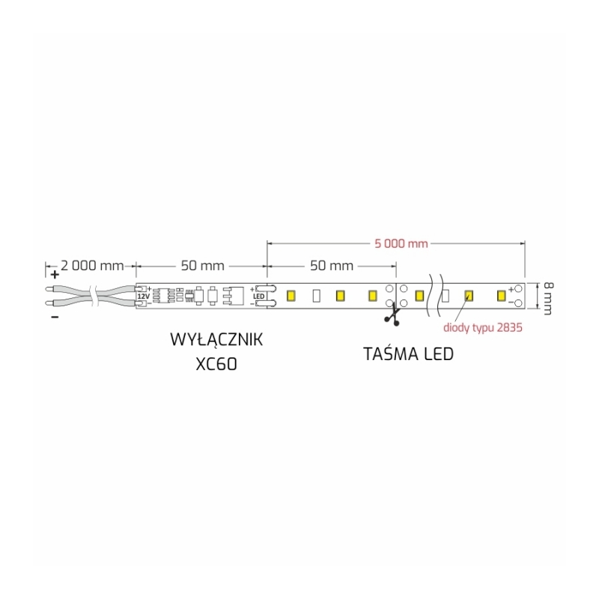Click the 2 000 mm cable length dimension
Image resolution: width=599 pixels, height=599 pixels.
coord(92,266)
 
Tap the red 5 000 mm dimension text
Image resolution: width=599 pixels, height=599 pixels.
coord(401,244)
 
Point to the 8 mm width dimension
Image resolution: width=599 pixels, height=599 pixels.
coord(548,298)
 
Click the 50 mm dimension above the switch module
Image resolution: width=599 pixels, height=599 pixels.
coord(202,266)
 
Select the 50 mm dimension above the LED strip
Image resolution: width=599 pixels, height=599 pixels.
coord(332,266)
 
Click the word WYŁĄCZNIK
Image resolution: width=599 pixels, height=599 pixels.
coord(216,340)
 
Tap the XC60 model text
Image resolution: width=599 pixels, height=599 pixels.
coord(216,364)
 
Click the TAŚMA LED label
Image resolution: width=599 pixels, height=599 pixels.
coord(408,354)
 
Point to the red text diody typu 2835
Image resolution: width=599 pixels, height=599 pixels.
coord(482,328)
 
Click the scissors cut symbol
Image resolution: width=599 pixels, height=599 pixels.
coord(392,316)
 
